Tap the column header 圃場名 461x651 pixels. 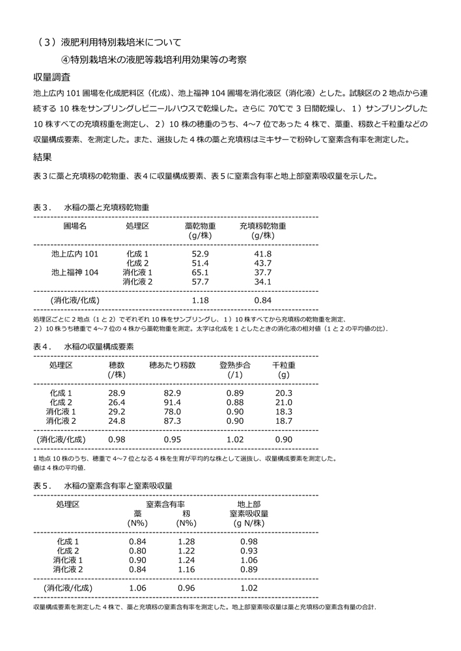[75, 226]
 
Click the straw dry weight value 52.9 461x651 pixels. [200, 253]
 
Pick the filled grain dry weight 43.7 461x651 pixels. [262, 262]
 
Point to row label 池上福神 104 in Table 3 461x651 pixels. [75, 272]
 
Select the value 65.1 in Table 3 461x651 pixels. [200, 272]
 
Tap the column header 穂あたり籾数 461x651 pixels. [173, 365]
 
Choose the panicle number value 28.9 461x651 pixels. [117, 393]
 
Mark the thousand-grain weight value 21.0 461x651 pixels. [284, 402]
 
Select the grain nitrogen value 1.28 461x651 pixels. [186, 542]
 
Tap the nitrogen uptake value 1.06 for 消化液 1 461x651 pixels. [249, 560]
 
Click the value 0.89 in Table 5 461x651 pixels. [249, 569]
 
